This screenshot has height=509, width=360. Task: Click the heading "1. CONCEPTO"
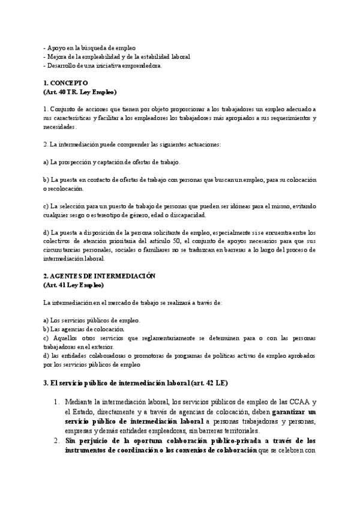coord(66,83)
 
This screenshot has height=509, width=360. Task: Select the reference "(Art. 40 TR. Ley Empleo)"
coord(80,92)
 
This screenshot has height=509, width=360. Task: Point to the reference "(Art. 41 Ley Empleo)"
coord(73,285)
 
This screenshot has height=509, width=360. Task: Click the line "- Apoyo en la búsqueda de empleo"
coord(90,47)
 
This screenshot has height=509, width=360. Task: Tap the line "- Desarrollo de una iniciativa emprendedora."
coord(103,65)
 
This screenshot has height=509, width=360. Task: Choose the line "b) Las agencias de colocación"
coord(83,329)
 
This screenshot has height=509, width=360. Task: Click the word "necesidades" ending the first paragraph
coord(60,127)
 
